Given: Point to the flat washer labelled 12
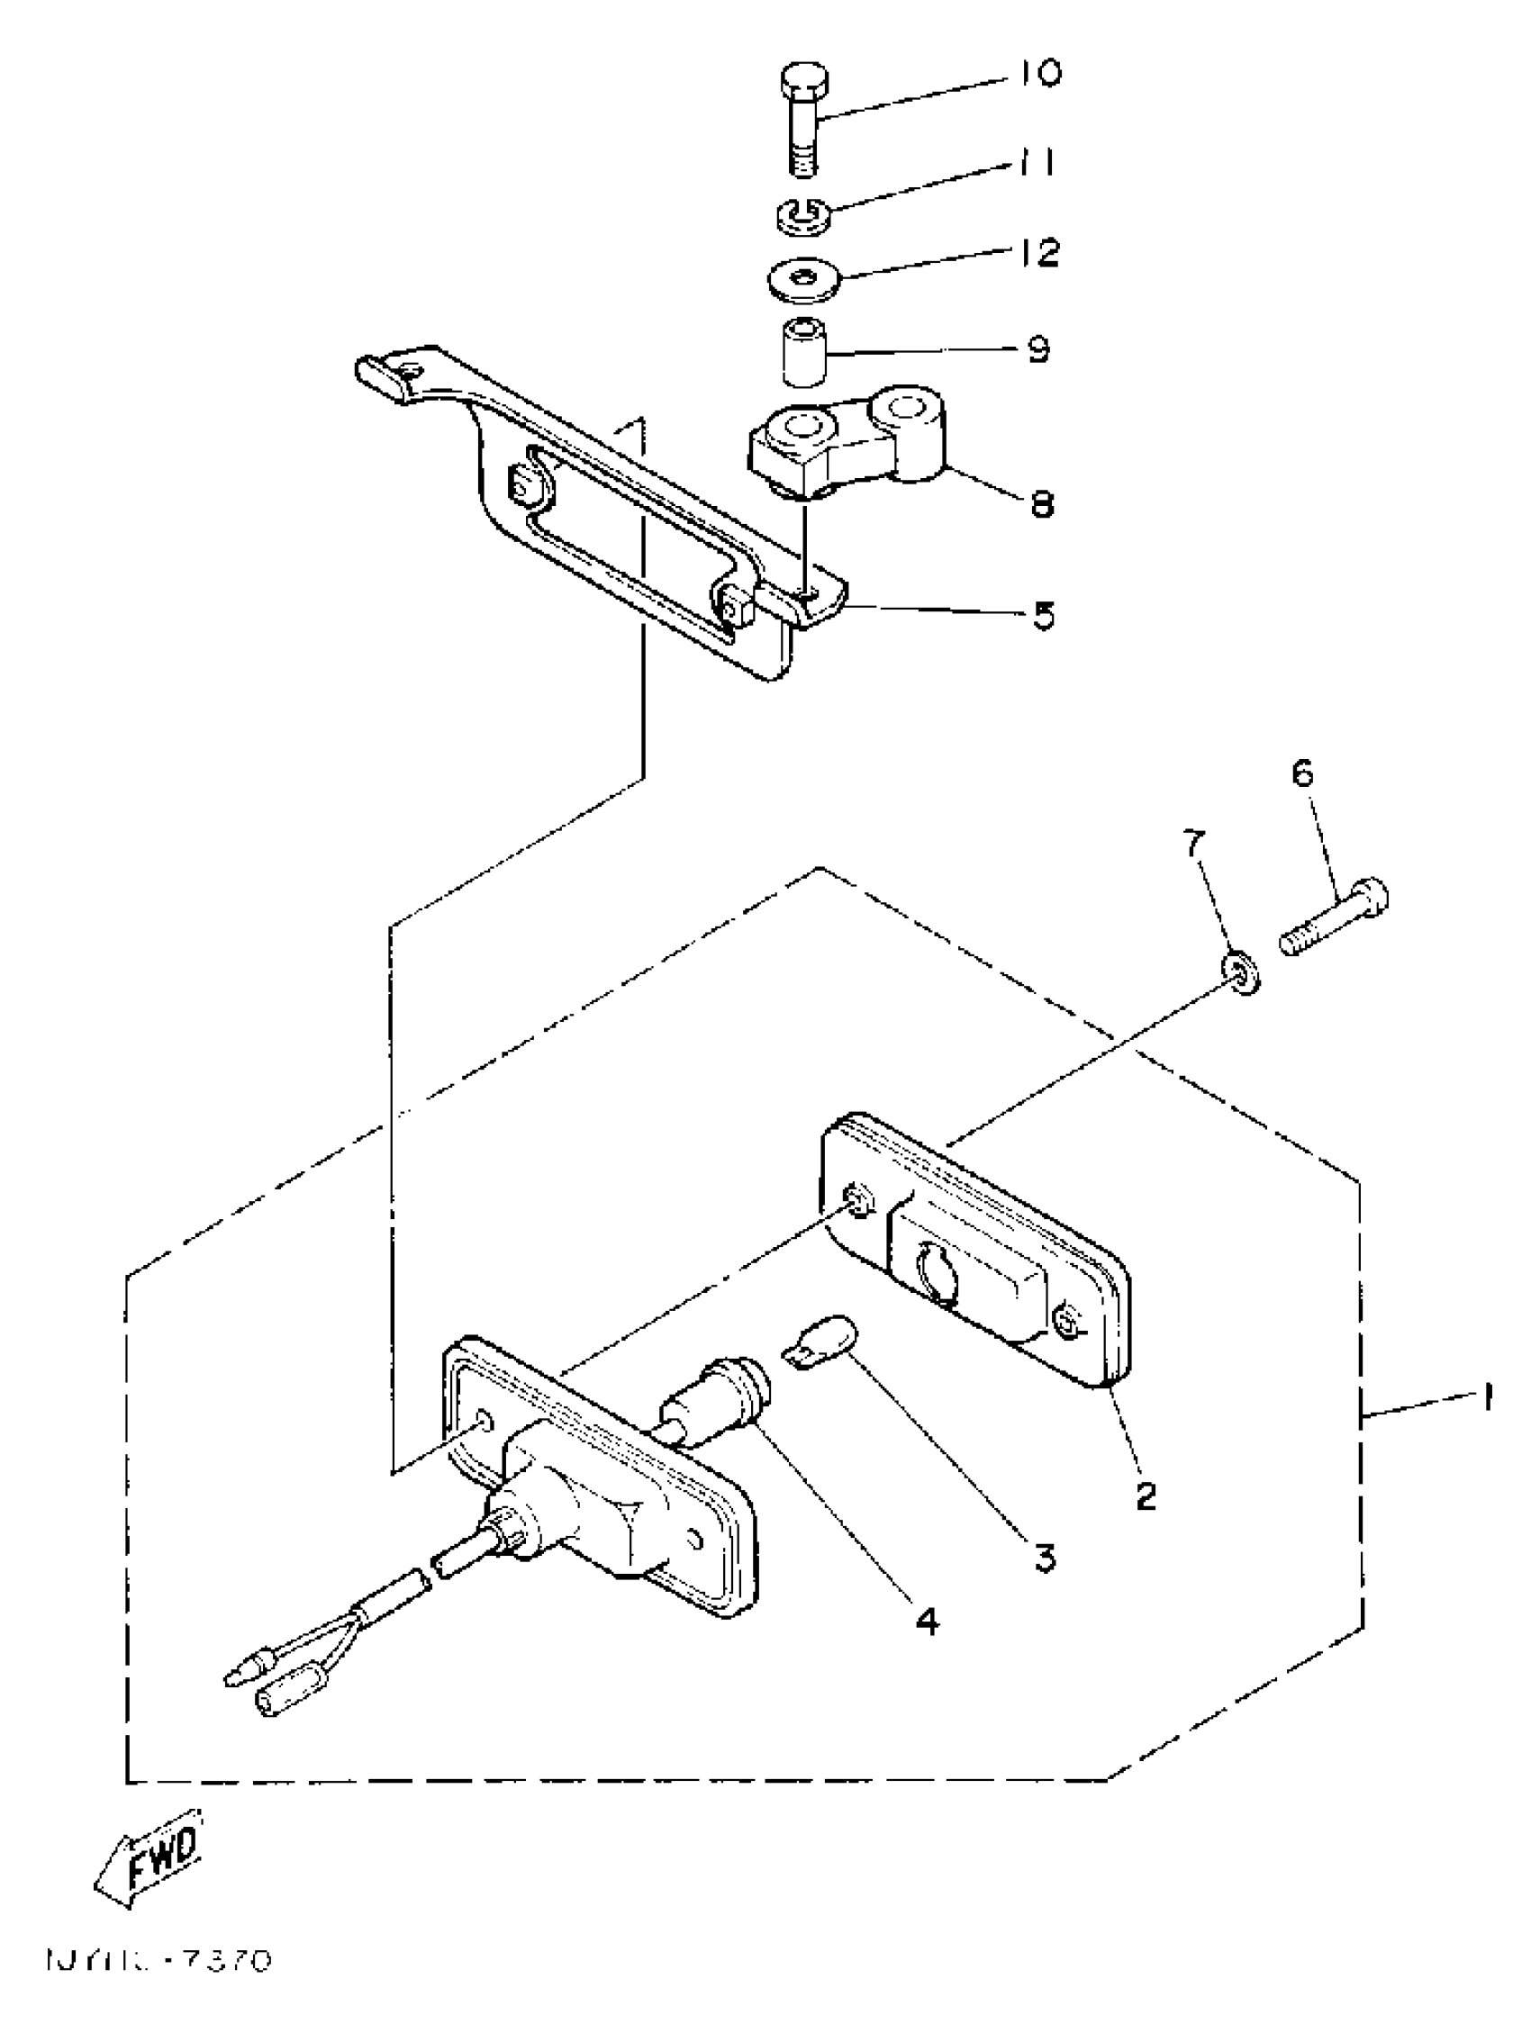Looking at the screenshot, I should tap(802, 280).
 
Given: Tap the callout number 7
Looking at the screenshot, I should tap(1195, 843).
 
